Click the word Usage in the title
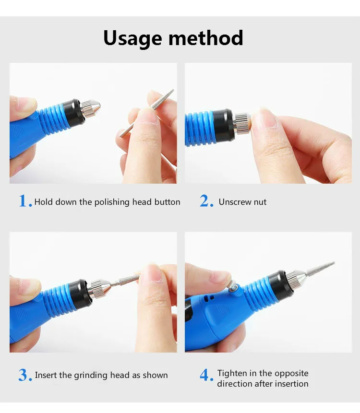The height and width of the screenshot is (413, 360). (x=132, y=38)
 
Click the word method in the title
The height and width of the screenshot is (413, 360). (x=205, y=38)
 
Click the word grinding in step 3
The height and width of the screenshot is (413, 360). (x=90, y=375)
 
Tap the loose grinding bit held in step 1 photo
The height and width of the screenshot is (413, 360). (x=147, y=113)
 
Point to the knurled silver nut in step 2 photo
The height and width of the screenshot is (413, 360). (x=241, y=123)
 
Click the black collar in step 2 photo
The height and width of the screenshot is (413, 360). (x=224, y=124)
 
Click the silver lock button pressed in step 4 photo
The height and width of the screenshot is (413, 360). (x=232, y=286)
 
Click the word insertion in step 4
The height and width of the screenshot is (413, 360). (x=292, y=384)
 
